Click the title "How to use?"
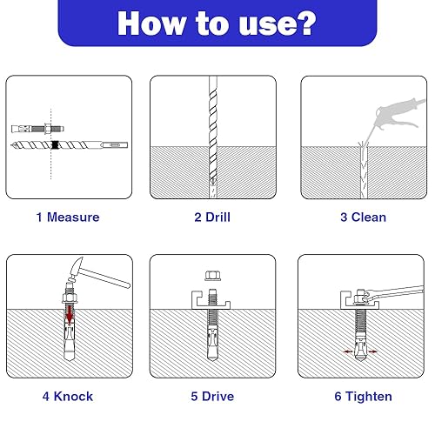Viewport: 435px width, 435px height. [217, 23]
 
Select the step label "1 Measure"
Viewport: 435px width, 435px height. [68, 217]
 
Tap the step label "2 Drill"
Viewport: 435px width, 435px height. [212, 217]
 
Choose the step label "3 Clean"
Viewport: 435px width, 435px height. [364, 217]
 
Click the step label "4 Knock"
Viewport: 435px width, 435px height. [68, 397]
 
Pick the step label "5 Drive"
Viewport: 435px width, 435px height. [212, 397]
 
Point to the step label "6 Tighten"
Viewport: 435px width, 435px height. [364, 397]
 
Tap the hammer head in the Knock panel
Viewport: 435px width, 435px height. [76, 268]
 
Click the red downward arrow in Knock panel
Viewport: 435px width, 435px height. [70, 314]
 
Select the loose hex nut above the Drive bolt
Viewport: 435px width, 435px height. [212, 276]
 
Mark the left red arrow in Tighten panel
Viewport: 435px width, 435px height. [348, 351]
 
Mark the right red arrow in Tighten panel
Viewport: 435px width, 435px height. [372, 351]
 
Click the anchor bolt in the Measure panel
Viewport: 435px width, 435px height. [37, 129]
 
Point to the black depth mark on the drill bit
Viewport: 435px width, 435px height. [55, 144]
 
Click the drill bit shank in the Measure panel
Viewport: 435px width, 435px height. [115, 144]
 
